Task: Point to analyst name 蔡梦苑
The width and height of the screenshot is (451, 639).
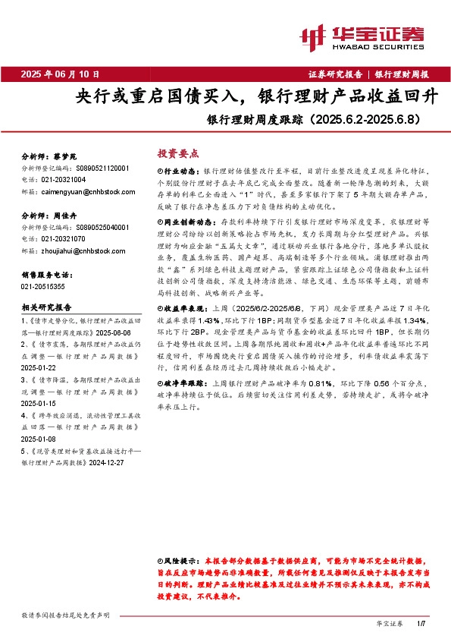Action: [x=70, y=156]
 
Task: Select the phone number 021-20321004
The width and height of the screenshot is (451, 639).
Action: [x=64, y=179]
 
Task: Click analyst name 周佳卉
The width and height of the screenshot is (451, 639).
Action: [x=70, y=216]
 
